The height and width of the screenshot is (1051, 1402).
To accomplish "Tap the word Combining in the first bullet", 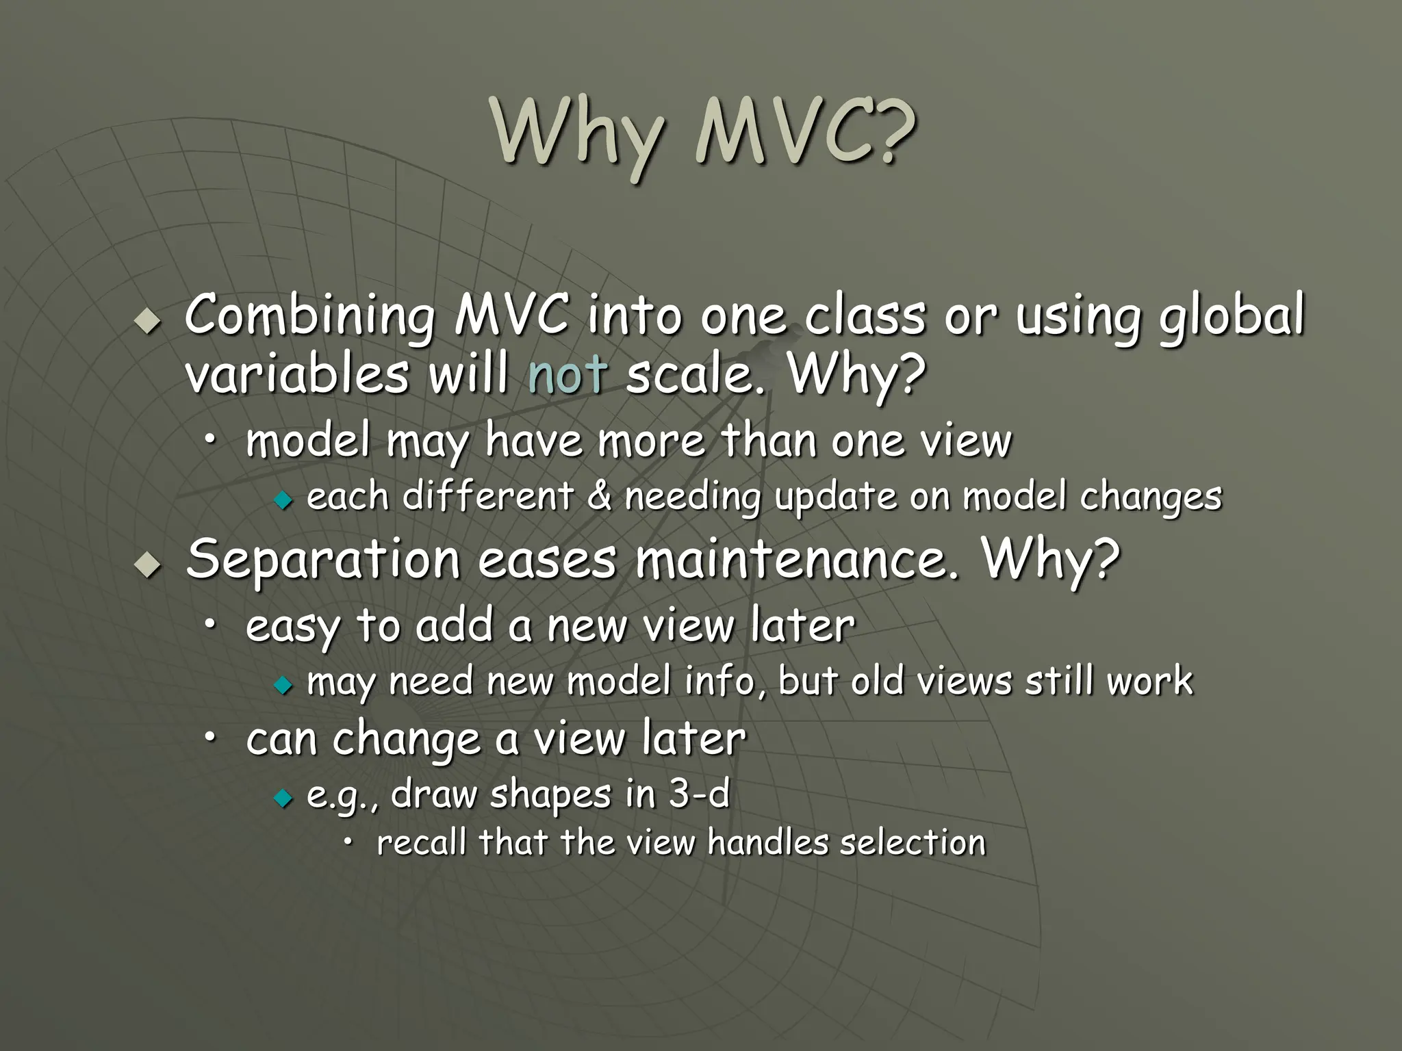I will pyautogui.click(x=309, y=316).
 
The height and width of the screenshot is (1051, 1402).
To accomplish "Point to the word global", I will pyautogui.click(x=1232, y=316).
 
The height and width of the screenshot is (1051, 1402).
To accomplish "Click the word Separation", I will pyautogui.click(x=323, y=558).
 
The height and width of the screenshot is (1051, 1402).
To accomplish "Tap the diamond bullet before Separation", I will pyautogui.click(x=147, y=564).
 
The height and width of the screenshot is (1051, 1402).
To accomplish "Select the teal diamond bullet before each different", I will pyautogui.click(x=282, y=501).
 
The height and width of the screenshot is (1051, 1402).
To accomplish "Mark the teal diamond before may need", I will pyautogui.click(x=282, y=685).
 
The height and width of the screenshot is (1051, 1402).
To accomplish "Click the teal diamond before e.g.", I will pyautogui.click(x=282, y=798).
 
